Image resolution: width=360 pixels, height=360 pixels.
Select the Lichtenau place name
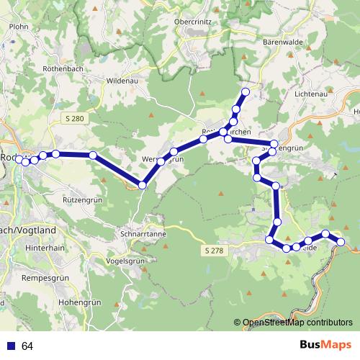(311, 94)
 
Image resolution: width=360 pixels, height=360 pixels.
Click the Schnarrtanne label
(143, 235)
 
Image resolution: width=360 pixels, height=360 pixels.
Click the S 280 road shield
(73, 117)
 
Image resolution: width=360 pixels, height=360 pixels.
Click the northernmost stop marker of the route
(246, 92)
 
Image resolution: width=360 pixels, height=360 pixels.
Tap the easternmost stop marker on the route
(342, 242)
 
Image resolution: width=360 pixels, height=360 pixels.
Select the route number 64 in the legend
(27, 346)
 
